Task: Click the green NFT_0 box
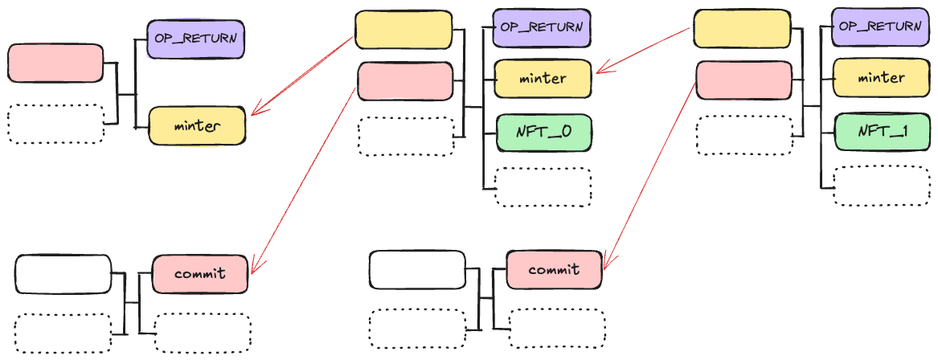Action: coord(543,132)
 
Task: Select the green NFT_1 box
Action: coord(882,132)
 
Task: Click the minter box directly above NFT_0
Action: coord(543,79)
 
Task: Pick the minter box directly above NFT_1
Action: coord(882,78)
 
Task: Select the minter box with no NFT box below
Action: coord(197,126)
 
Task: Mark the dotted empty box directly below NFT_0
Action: coord(543,187)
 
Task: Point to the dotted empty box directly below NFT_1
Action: coord(882,186)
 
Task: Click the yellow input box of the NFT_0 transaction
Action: coord(403,30)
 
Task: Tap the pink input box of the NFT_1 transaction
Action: coord(743,80)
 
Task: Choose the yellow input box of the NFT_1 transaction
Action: coord(741,29)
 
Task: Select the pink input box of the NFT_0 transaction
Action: coord(405,81)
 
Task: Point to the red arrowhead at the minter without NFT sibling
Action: coord(255,112)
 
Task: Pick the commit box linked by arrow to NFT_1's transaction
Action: coord(555,269)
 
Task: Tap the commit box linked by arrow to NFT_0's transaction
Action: coord(200,273)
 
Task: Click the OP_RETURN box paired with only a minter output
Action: coord(195,38)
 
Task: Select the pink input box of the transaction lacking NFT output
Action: coord(55,63)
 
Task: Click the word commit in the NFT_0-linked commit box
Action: coord(200,273)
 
